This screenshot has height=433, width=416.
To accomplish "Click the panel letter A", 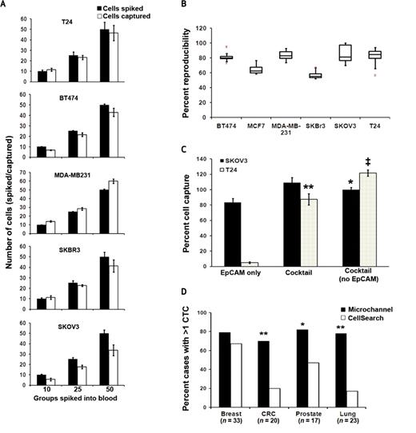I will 6,6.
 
